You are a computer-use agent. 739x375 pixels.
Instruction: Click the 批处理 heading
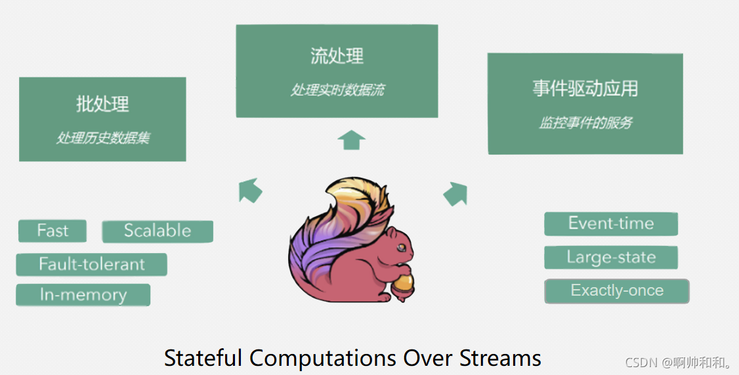(x=102, y=104)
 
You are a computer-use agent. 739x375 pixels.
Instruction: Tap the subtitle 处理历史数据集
(x=102, y=138)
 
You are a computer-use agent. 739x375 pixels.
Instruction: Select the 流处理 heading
(x=337, y=56)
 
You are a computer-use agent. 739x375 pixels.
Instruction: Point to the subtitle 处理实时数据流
(x=337, y=90)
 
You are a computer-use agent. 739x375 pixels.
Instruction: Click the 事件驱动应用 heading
(x=585, y=89)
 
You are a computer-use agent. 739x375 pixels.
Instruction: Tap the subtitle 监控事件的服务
(x=585, y=123)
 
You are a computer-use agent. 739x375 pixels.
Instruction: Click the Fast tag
(x=53, y=231)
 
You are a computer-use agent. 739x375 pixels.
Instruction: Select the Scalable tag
(x=158, y=231)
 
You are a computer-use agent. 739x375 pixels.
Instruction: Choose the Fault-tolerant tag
(x=91, y=264)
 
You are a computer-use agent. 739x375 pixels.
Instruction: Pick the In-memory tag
(x=83, y=295)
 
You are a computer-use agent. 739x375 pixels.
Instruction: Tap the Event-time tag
(x=610, y=224)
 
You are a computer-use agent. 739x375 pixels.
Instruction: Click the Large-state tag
(x=610, y=257)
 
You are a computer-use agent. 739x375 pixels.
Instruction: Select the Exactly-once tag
(x=616, y=290)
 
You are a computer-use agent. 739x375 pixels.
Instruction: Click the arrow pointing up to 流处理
(x=351, y=140)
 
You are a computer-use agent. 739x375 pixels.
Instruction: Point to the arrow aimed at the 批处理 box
(x=250, y=190)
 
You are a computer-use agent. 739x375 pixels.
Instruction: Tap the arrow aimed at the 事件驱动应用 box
(x=455, y=193)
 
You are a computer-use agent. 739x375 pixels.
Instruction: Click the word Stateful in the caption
(x=204, y=358)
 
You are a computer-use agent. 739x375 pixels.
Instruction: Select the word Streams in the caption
(x=501, y=358)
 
